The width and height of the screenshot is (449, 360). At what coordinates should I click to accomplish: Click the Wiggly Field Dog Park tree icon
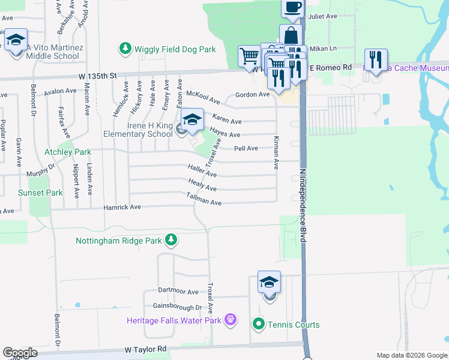[x=125, y=48]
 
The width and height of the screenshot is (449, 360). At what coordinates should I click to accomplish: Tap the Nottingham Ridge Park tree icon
[x=171, y=241]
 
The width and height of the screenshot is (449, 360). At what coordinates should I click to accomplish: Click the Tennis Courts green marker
[x=259, y=325]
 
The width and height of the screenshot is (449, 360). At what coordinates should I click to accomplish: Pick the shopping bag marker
[x=291, y=35]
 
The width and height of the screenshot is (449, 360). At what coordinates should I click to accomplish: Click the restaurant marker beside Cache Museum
[x=376, y=59]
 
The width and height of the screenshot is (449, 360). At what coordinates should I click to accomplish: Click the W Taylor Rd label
[x=146, y=349]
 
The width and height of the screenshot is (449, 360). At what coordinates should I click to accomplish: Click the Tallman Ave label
[x=204, y=199]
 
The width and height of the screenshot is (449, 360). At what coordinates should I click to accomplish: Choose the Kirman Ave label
[x=277, y=152]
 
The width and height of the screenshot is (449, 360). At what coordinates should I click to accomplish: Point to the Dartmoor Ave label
[x=178, y=292]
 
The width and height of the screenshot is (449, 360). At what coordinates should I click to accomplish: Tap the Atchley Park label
[x=68, y=152]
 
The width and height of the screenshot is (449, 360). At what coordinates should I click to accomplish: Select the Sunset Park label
[x=40, y=193]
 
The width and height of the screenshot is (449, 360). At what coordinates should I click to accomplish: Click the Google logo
[x=20, y=352]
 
